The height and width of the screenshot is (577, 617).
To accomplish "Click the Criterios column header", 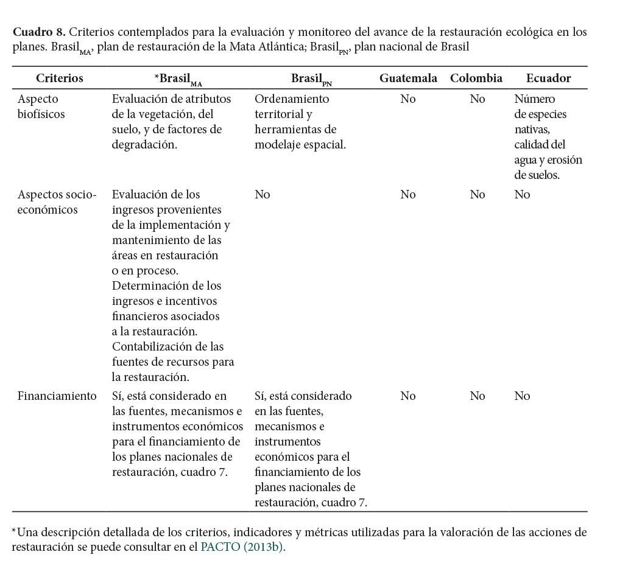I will coord(59,78).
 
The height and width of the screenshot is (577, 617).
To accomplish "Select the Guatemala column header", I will coord(408,78).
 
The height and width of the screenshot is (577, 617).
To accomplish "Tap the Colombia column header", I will coord(476,78).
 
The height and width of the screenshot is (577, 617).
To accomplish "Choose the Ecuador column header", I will coord(548,78).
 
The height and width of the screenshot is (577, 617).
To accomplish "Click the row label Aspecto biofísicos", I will coord(41,107).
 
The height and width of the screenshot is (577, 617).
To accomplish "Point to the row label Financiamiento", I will coord(57,396).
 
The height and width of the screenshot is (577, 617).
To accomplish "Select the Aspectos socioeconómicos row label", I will coord(57,202).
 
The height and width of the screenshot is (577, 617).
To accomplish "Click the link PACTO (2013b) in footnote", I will coord(242,547).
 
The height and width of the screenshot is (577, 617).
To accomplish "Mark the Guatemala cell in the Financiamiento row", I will coord(408,396).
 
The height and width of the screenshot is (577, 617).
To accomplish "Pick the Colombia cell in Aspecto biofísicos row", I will coord(478,99).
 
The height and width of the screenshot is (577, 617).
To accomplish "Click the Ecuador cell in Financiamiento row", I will coord(522,396).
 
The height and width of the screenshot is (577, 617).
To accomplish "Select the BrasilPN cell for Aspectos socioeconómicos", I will coord(262,195).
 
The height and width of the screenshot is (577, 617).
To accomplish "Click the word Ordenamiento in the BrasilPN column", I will coord(292,99).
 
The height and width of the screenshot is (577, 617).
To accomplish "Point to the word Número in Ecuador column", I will coord(535,99).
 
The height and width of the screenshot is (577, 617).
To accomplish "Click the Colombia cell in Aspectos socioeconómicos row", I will coord(478,195).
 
